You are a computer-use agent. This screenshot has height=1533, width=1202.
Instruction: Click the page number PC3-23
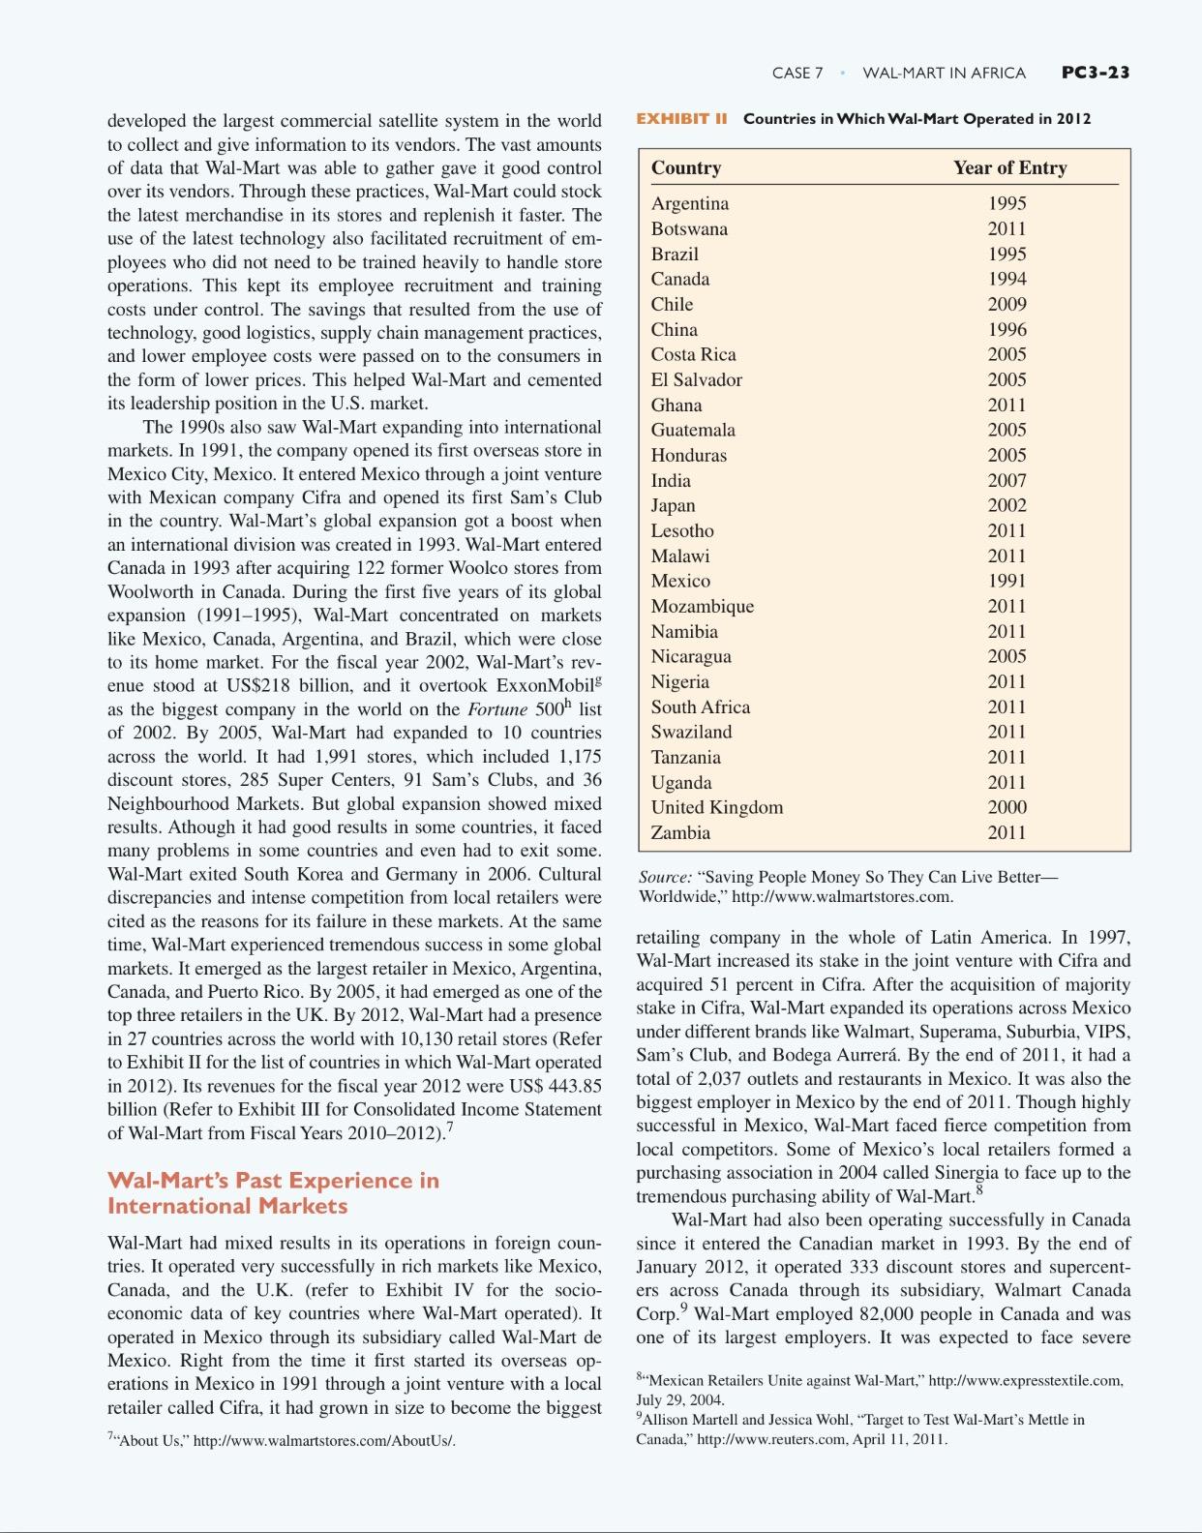(1095, 73)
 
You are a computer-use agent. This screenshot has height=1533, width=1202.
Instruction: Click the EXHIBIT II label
(681, 119)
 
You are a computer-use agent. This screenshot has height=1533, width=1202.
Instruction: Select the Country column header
(685, 167)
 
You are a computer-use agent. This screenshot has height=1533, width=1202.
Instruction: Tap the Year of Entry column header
(1009, 167)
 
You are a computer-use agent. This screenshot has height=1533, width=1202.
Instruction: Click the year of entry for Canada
(1007, 279)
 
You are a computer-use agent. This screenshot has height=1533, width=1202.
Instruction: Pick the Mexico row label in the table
(680, 581)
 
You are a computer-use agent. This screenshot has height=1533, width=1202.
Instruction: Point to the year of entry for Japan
(1007, 505)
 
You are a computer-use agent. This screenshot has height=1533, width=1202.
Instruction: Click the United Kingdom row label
(716, 807)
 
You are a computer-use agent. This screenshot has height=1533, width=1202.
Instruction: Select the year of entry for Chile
(1007, 304)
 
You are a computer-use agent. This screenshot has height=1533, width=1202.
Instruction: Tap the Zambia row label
(680, 832)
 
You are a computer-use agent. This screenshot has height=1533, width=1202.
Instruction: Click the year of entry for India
(1007, 480)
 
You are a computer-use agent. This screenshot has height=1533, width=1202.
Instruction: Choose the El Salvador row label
(696, 379)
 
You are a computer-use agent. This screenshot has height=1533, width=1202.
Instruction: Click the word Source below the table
(664, 877)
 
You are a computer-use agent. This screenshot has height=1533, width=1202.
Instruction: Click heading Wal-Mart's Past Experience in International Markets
(273, 1192)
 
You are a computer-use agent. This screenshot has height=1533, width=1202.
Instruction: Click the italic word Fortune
(496, 709)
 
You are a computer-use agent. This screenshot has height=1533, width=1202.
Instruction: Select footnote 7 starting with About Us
(281, 1440)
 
